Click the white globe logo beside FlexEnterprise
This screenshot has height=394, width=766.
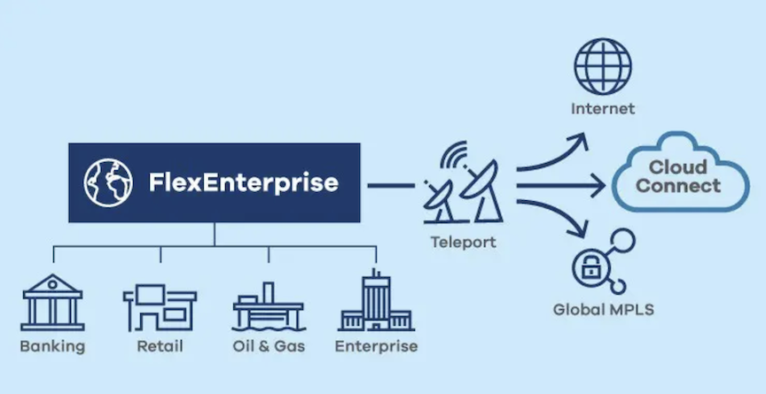pyautogui.click(x=108, y=183)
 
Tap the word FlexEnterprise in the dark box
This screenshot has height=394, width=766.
pyautogui.click(x=243, y=183)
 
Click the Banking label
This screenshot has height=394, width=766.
pyautogui.click(x=52, y=347)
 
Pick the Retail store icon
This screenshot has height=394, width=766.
pyautogui.click(x=160, y=307)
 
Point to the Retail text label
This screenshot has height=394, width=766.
pyautogui.click(x=160, y=347)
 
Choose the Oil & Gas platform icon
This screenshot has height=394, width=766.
pyautogui.click(x=269, y=306)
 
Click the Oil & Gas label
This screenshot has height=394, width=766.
pyautogui.click(x=269, y=347)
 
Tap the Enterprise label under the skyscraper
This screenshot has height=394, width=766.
pyautogui.click(x=376, y=347)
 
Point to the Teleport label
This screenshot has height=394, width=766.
pyautogui.click(x=463, y=242)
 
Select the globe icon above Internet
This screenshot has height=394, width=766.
pyautogui.click(x=602, y=66)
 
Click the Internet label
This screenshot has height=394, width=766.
pyautogui.click(x=603, y=108)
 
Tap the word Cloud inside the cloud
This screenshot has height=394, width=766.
pyautogui.click(x=678, y=167)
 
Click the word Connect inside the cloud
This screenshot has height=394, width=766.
pyautogui.click(x=678, y=186)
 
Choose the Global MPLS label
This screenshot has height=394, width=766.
pyautogui.click(x=603, y=310)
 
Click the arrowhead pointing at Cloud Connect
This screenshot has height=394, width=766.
pyautogui.click(x=598, y=185)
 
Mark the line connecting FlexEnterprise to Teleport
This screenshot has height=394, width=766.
pyautogui.click(x=391, y=185)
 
